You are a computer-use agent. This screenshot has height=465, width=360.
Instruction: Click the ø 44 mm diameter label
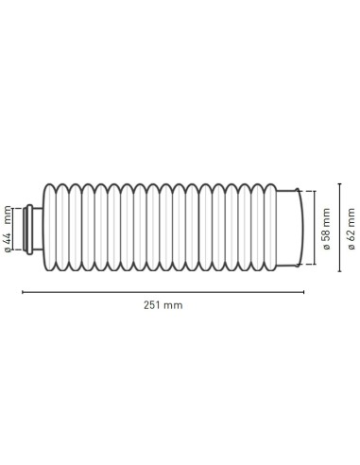pyautogui.click(x=9, y=228)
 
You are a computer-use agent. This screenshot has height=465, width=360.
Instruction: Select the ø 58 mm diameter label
pyautogui.click(x=324, y=231)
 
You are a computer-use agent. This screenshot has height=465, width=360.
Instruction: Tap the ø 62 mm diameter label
pyautogui.click(x=351, y=230)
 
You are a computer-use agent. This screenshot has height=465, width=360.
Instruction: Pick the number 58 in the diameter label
pyautogui.click(x=324, y=234)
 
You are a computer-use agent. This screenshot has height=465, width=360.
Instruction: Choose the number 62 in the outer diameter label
pyautogui.click(x=351, y=233)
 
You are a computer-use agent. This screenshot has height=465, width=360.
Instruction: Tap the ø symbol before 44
pyautogui.click(x=9, y=249)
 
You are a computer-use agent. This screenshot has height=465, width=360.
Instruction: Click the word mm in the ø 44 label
pyautogui.click(x=9, y=211)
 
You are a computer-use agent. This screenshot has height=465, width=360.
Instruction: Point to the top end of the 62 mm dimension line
pyautogui.click(x=338, y=185)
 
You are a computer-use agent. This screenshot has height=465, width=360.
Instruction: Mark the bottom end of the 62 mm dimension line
pyautogui.click(x=338, y=271)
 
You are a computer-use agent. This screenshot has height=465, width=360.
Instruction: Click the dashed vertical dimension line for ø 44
pyautogui.click(x=21, y=229)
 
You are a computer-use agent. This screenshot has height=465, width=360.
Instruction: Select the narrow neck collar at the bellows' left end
pyautogui.click(x=35, y=228)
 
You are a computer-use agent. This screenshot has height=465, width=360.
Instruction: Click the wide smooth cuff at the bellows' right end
pyautogui.click(x=296, y=228)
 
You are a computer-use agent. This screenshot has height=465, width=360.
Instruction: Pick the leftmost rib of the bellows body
pyautogui.click(x=50, y=228)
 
